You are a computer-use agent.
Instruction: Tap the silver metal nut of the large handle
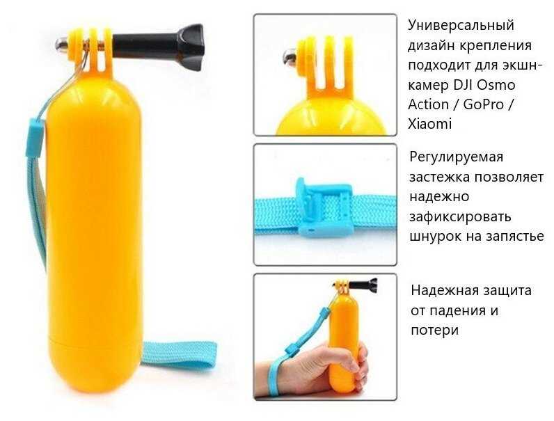62,45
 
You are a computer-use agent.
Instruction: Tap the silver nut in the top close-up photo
291,56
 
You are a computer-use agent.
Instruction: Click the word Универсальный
461,26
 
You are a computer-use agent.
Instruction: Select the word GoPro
483,104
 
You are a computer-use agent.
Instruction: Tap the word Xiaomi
429,125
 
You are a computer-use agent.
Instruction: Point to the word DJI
460,85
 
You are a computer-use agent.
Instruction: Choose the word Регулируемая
456,157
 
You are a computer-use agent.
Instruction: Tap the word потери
434,331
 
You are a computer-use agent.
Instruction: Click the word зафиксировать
460,216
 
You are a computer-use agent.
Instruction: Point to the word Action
428,104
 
